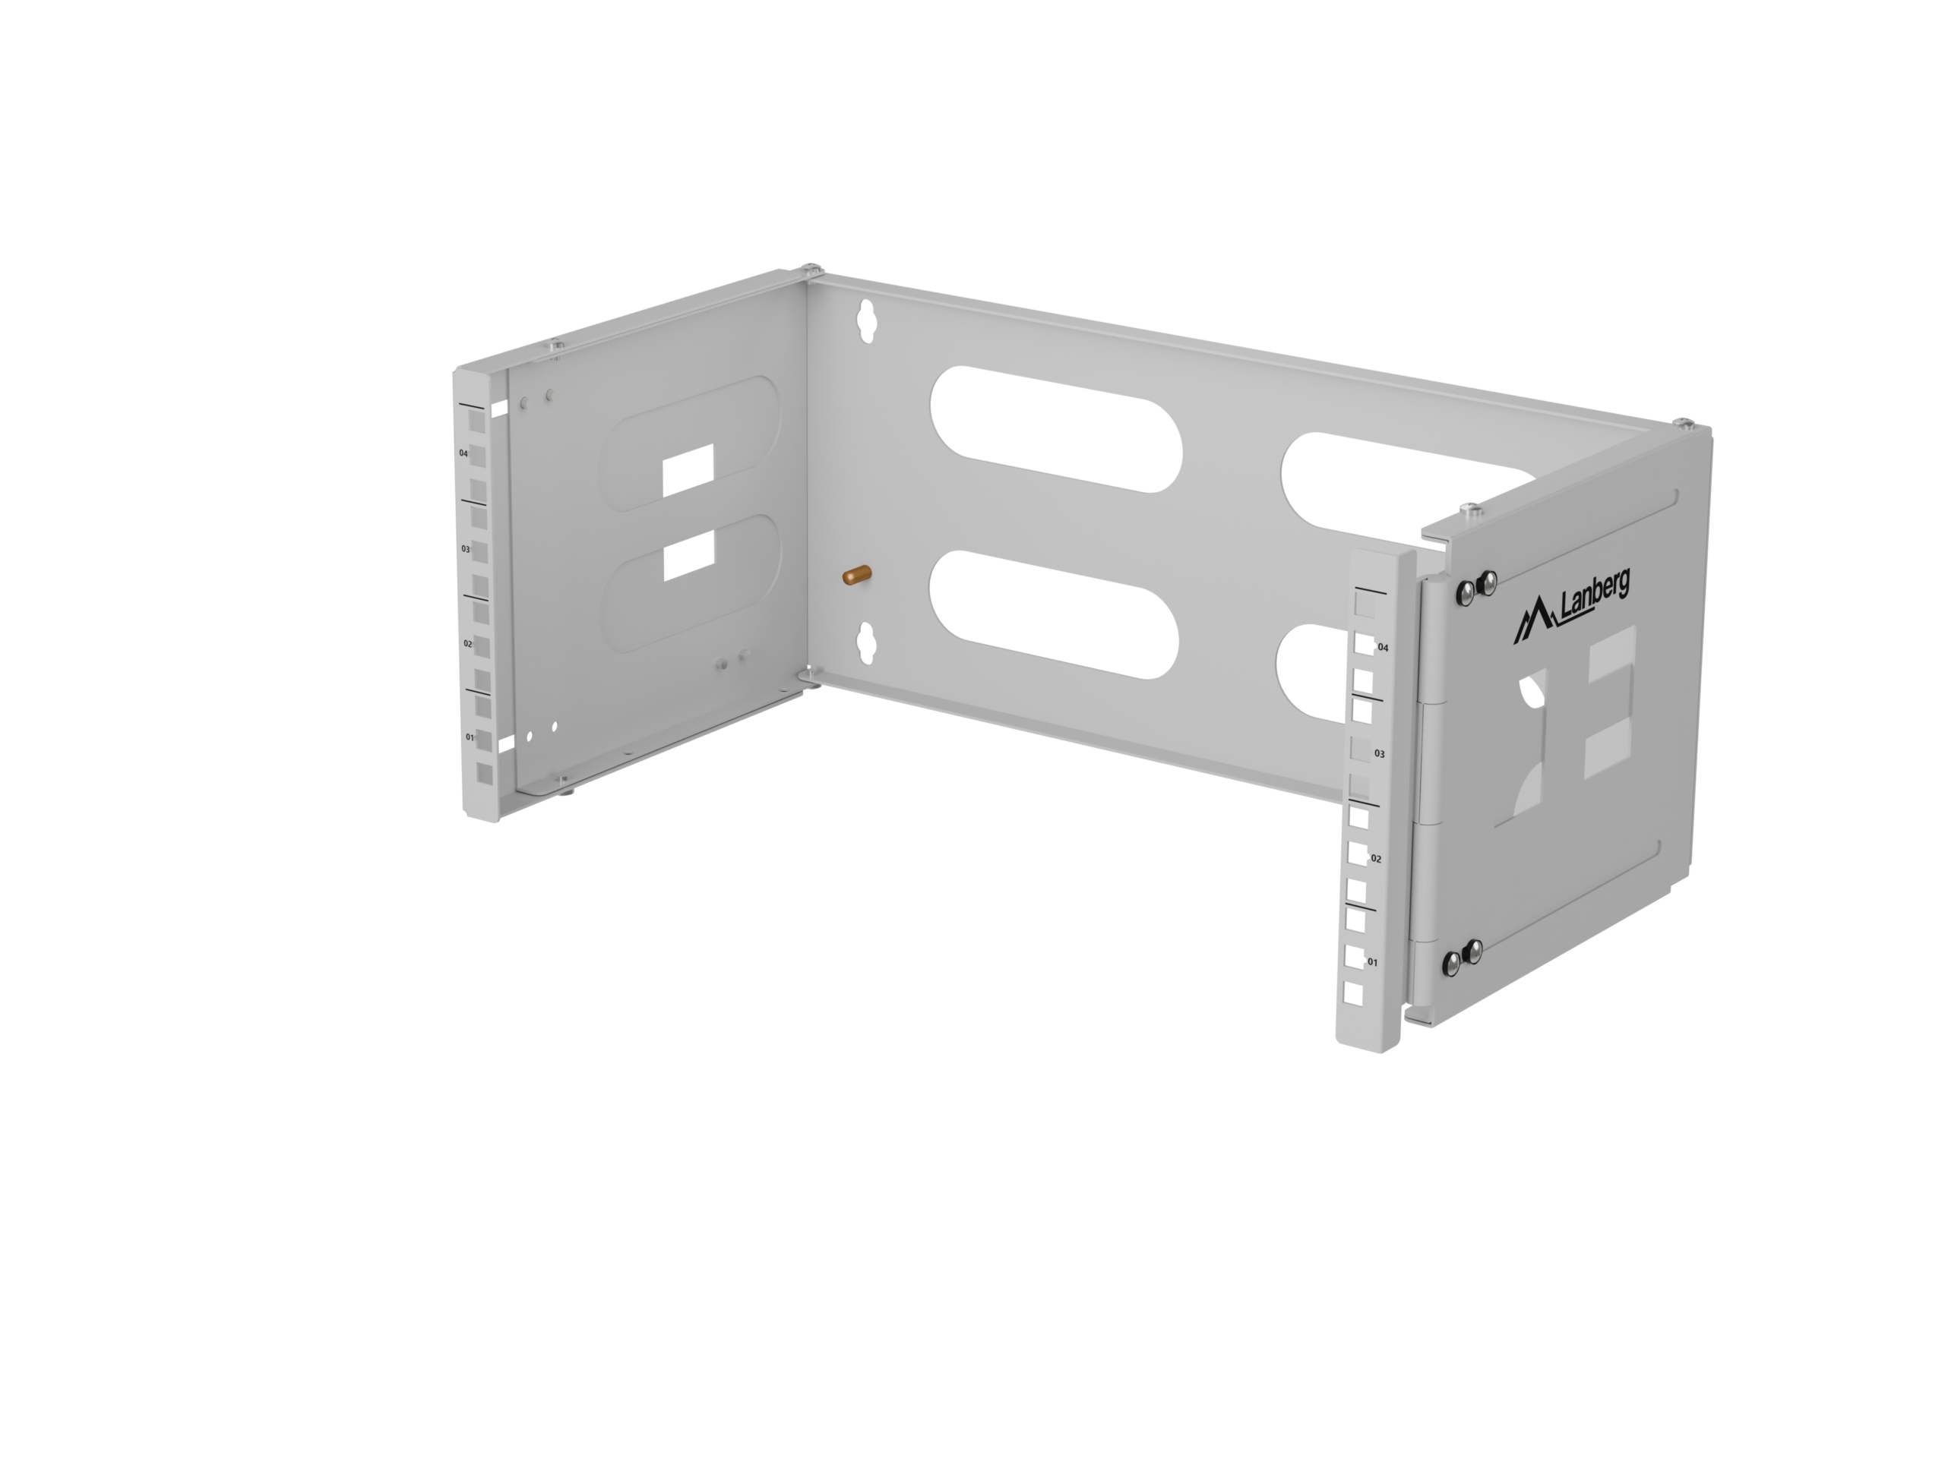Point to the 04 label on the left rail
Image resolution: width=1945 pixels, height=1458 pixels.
point(463,453)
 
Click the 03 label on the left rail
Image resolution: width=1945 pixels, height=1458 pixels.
point(466,548)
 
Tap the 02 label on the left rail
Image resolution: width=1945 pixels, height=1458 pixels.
point(468,643)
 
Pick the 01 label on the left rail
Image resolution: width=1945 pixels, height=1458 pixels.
point(470,737)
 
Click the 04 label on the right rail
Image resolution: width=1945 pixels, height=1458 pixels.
point(1383,648)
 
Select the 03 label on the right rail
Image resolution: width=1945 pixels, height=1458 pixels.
point(1380,754)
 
